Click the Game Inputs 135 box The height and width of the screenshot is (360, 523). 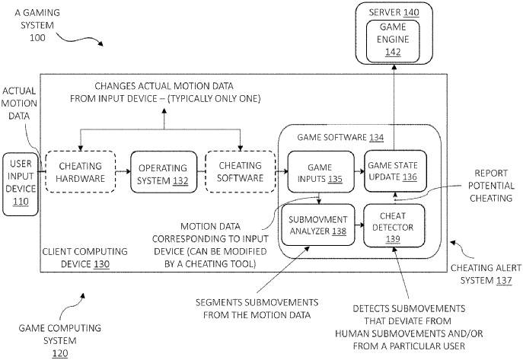coord(320,172)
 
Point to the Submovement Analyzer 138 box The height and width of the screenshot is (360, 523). coord(318,225)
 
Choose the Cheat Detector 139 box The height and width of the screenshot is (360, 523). coord(393,225)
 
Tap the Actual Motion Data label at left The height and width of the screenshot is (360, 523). coord(21,104)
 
